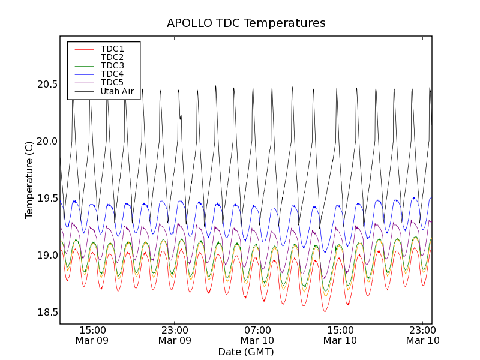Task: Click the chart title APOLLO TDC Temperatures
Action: coord(246,23)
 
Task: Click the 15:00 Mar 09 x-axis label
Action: coord(92,335)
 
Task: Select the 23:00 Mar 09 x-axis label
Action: coord(175,335)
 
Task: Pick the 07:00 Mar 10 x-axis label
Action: coord(257,335)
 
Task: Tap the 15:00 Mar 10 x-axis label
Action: coord(340,335)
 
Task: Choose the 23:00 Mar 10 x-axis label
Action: coord(423,335)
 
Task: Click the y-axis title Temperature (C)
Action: coord(29,180)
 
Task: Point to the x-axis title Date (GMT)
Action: coord(246,352)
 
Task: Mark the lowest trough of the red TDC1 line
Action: coord(325,311)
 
